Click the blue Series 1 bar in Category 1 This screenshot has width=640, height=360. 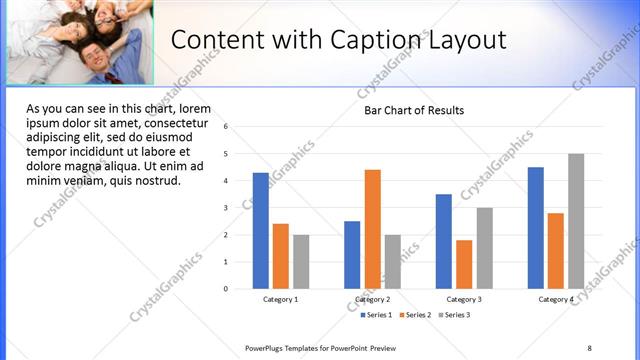(260, 231)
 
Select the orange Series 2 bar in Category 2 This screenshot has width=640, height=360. (372, 229)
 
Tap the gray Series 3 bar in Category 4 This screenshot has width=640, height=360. (576, 221)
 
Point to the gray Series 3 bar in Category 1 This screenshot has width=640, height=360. (301, 262)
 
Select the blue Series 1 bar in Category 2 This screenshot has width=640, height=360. (352, 255)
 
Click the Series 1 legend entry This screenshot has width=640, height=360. (377, 315)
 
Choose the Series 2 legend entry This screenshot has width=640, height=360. (415, 315)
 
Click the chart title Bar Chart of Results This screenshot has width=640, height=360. (414, 110)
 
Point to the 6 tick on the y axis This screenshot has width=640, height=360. (227, 127)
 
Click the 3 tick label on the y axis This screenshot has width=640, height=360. (227, 208)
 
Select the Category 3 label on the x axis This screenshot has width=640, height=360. (463, 299)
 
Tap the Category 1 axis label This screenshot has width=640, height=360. (280, 299)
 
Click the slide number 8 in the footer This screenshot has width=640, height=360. (589, 347)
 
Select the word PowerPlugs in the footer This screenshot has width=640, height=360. (266, 347)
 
